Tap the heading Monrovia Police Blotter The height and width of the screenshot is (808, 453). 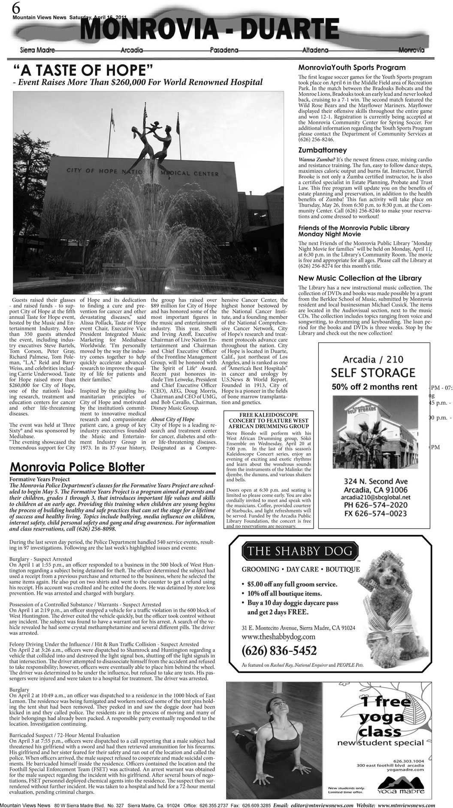click(77, 467)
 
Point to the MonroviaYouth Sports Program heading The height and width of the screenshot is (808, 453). click(352, 67)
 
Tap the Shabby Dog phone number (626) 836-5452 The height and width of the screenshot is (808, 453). click(279, 650)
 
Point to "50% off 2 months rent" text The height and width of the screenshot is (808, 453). click(374, 387)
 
